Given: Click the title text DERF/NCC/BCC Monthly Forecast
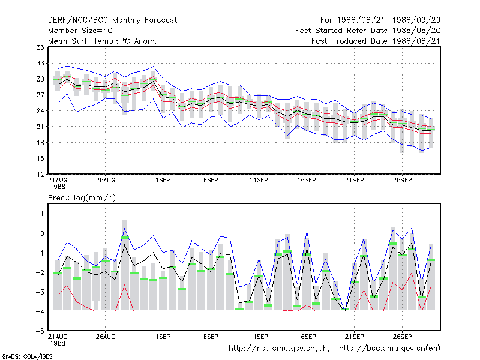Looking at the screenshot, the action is [x=112, y=20].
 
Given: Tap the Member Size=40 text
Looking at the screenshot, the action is [x=80, y=31].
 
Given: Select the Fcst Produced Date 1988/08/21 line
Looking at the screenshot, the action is [x=376, y=41].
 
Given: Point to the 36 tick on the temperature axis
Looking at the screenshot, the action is [x=40, y=47].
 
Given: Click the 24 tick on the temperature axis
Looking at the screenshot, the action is [x=40, y=111].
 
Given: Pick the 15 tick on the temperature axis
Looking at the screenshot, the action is [x=40, y=158].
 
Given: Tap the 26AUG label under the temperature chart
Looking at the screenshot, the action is [x=106, y=180].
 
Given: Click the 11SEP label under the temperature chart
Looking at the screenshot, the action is [x=259, y=180].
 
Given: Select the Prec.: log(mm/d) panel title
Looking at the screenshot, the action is [x=82, y=198].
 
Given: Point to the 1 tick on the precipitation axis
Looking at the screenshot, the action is [x=42, y=214].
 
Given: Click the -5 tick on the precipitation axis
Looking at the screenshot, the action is [x=40, y=331].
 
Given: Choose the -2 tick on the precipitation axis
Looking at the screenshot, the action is [x=40, y=272].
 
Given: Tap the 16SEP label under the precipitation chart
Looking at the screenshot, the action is [x=307, y=337].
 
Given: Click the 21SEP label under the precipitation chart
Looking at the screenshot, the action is [x=354, y=337].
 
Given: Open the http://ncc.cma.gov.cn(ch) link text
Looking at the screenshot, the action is [x=279, y=349].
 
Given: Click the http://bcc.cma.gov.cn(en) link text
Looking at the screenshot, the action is [x=389, y=349].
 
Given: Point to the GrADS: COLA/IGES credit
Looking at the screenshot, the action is [x=27, y=356].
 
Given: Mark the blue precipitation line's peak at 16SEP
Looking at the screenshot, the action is [x=307, y=230].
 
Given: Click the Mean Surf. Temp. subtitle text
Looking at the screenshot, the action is [x=103, y=41].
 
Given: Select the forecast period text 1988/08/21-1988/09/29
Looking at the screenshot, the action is [x=389, y=20].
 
